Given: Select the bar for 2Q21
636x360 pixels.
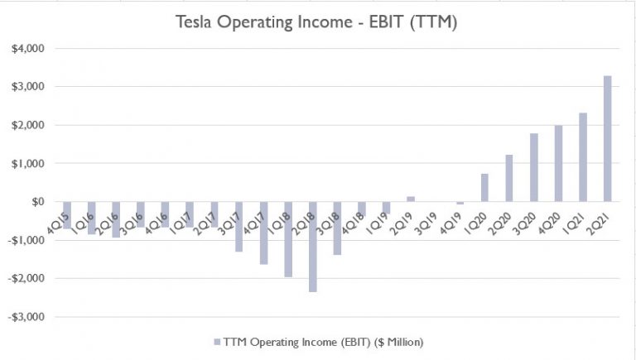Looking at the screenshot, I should click(x=608, y=139).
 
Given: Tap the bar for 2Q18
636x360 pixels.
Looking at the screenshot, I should click(x=313, y=246).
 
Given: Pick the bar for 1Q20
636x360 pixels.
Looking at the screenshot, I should click(x=484, y=188).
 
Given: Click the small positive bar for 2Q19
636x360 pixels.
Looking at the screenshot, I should click(x=411, y=199).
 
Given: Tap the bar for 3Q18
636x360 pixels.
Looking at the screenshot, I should click(x=337, y=228).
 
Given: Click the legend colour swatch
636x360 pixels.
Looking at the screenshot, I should click(x=217, y=341).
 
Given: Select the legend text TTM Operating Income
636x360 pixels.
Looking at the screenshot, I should click(x=326, y=341).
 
